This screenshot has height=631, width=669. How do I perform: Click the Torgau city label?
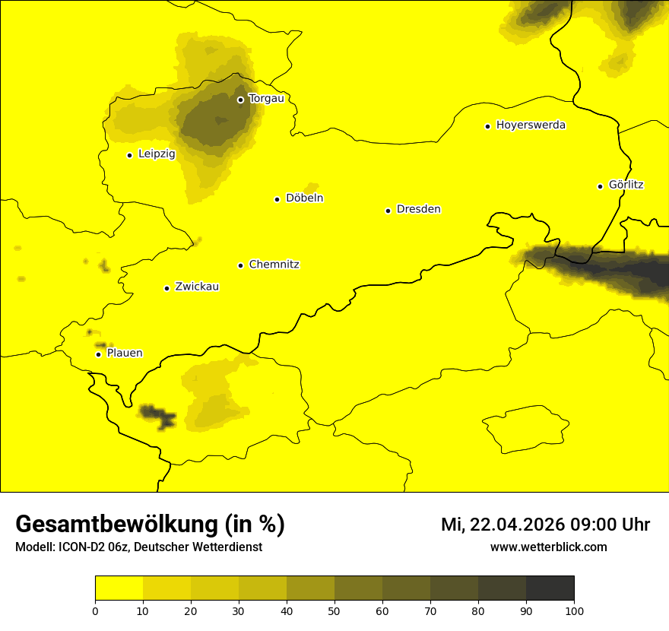point(266,98)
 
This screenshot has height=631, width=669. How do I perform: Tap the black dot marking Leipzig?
point(129,155)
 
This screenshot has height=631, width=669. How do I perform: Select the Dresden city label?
point(418,209)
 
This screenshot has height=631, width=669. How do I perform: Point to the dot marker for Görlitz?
point(600,186)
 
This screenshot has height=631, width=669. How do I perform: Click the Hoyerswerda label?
point(531,125)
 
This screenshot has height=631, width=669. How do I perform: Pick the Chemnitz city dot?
point(240,265)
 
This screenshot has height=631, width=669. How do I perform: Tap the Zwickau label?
point(197,287)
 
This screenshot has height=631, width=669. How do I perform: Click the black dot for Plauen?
point(98,354)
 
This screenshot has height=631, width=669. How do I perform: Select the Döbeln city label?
point(304,198)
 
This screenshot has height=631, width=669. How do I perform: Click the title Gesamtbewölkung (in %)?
point(150,525)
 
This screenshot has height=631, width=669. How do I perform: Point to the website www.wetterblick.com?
point(548,547)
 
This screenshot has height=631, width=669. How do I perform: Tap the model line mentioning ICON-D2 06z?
point(138,547)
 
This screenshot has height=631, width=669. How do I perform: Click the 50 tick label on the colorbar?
point(334,610)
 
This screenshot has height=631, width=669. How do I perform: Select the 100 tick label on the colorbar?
point(574,610)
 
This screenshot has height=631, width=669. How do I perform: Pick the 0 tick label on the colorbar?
point(95,610)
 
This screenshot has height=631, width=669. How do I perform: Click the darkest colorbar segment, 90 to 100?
point(550,588)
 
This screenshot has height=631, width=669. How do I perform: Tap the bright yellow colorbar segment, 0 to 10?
point(119,588)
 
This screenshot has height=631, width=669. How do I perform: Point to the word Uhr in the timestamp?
point(636,525)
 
